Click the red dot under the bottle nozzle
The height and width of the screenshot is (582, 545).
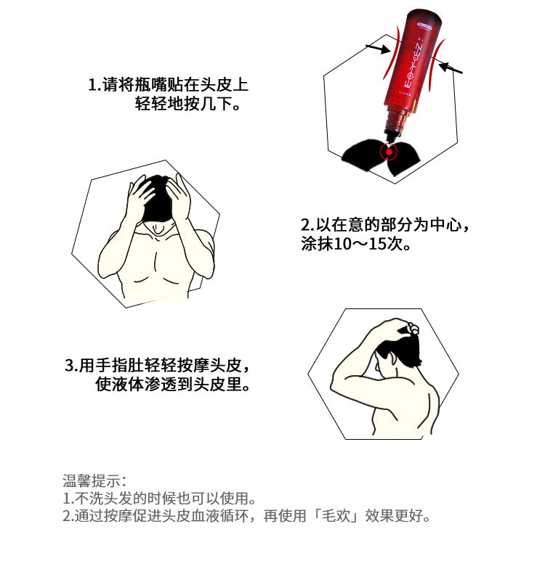(x=389, y=152)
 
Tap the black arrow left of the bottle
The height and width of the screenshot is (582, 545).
(x=378, y=49)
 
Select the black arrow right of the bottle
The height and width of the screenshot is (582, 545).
(x=451, y=68)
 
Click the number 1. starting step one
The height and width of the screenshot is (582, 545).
(x=94, y=85)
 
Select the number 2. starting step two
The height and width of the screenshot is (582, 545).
(x=307, y=225)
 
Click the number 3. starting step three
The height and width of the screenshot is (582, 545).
(x=71, y=366)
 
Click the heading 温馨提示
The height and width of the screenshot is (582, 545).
(x=92, y=480)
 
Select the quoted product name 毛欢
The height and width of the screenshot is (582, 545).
(x=336, y=515)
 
